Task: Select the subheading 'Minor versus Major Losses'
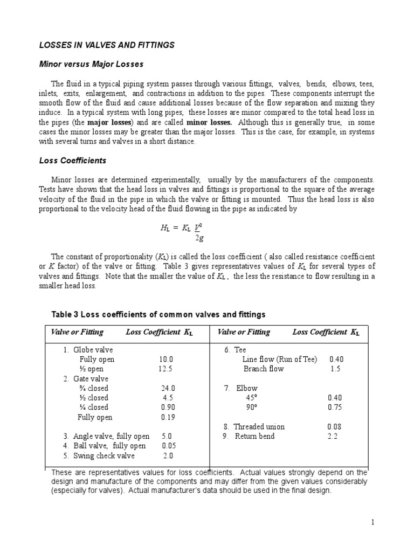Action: pos(91,64)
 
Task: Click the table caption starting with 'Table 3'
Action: pos(158,314)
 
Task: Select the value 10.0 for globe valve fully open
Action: pos(166,359)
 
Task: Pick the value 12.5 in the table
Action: pos(166,369)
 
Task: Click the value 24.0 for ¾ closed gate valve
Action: pos(168,388)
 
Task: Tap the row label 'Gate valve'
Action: pos(95,378)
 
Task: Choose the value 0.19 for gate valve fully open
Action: pos(168,417)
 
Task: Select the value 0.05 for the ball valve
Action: pos(169,446)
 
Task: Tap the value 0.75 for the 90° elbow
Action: pos(334,408)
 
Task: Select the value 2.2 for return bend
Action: pos(333,436)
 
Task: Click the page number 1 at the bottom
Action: pos(372,522)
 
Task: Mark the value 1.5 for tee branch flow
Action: pos(335,369)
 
